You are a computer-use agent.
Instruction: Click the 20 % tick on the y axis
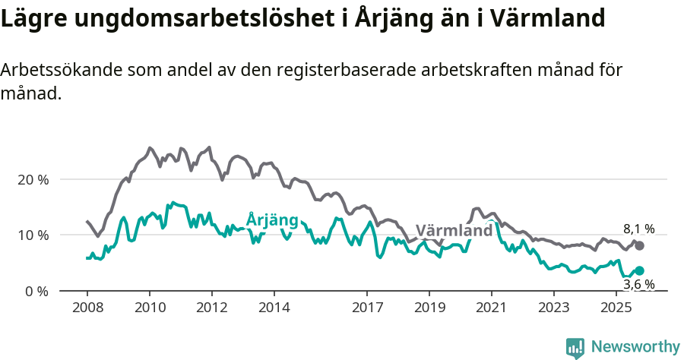tap(32, 180)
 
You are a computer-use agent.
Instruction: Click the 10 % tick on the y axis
tap(32, 235)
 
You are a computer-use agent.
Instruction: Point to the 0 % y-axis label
tap(36, 292)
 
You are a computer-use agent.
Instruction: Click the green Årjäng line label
tap(272, 220)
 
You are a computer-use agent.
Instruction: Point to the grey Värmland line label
tap(454, 231)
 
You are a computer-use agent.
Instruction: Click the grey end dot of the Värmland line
tap(640, 245)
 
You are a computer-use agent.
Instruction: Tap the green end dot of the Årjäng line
tap(640, 270)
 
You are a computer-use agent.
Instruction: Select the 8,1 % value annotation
tap(638, 229)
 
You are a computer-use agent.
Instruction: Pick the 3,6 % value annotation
tap(638, 285)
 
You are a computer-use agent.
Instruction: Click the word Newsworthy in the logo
tap(635, 346)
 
